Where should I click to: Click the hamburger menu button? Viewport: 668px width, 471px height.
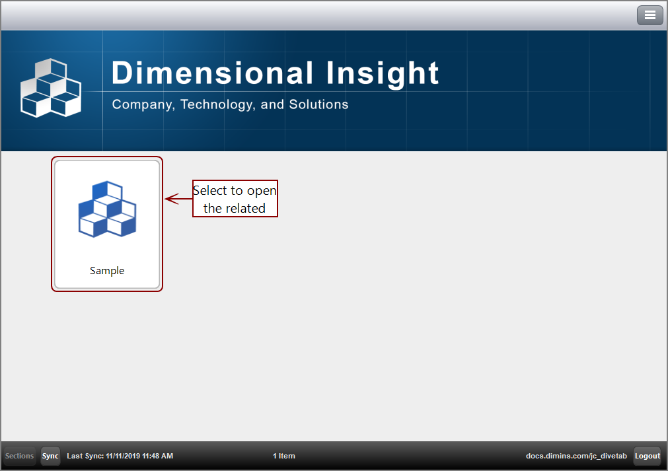(649, 15)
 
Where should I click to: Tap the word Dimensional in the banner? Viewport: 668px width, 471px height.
(212, 73)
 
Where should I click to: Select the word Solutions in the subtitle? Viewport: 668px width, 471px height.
(318, 104)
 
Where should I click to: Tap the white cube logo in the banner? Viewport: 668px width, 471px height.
(50, 89)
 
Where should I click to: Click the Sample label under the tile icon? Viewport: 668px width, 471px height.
(107, 271)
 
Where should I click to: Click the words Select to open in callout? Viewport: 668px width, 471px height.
(235, 190)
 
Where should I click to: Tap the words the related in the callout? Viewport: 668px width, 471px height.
(234, 208)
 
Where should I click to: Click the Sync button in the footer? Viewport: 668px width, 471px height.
(50, 456)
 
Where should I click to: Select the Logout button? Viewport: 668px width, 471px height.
(647, 456)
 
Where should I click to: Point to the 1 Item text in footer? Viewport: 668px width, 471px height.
(283, 456)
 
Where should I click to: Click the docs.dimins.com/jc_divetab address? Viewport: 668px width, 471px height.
(576, 456)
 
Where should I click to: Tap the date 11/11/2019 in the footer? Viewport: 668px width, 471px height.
(124, 456)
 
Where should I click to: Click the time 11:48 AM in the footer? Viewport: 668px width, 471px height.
(159, 456)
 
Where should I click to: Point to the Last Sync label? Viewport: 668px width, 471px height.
(85, 456)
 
